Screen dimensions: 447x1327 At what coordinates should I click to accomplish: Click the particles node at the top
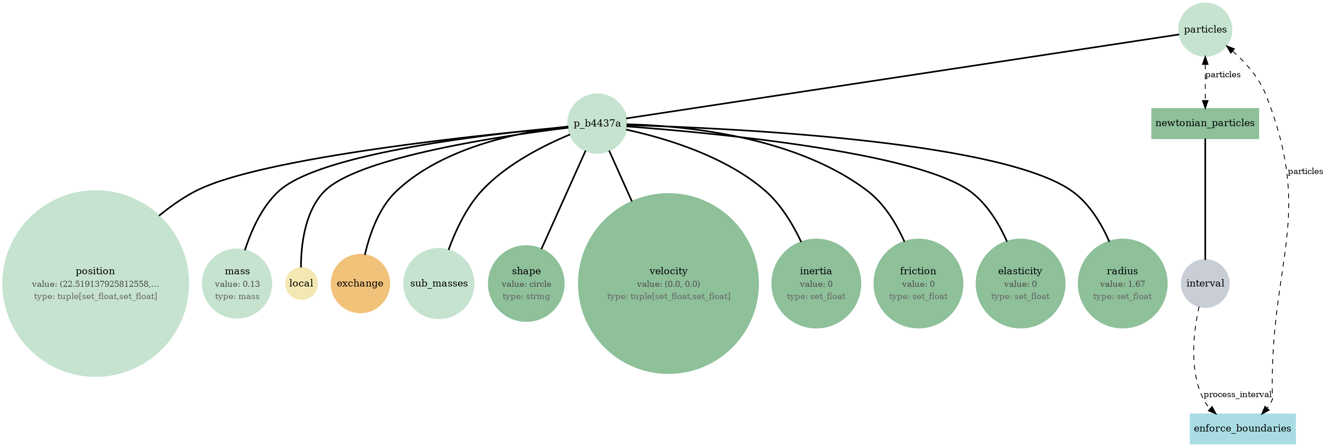click(x=1205, y=29)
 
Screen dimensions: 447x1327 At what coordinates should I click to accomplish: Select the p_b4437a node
click(x=597, y=123)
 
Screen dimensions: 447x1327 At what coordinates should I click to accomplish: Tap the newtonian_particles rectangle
click(x=1205, y=123)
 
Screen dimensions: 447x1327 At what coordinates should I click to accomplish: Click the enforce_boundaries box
click(x=1242, y=428)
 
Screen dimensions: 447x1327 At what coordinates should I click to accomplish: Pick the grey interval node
click(x=1205, y=283)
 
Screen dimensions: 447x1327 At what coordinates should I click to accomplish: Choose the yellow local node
click(x=301, y=283)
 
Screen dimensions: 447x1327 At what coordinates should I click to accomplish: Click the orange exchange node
click(x=360, y=283)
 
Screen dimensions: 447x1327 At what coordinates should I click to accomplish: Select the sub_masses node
click(x=439, y=283)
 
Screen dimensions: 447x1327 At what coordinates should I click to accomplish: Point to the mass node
click(x=237, y=283)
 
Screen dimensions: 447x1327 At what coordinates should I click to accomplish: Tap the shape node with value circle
click(x=526, y=283)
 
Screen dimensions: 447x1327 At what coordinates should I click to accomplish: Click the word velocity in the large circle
click(x=668, y=271)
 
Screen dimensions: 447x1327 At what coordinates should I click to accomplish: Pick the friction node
click(x=918, y=283)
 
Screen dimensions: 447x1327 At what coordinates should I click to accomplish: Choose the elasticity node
click(x=1020, y=283)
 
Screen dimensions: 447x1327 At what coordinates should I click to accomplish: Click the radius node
click(x=1122, y=283)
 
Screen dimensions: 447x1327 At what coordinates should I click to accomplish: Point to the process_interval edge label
click(x=1237, y=395)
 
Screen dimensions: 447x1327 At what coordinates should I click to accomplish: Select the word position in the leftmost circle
click(x=95, y=271)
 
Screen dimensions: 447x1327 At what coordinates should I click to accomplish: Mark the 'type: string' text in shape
click(x=526, y=297)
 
